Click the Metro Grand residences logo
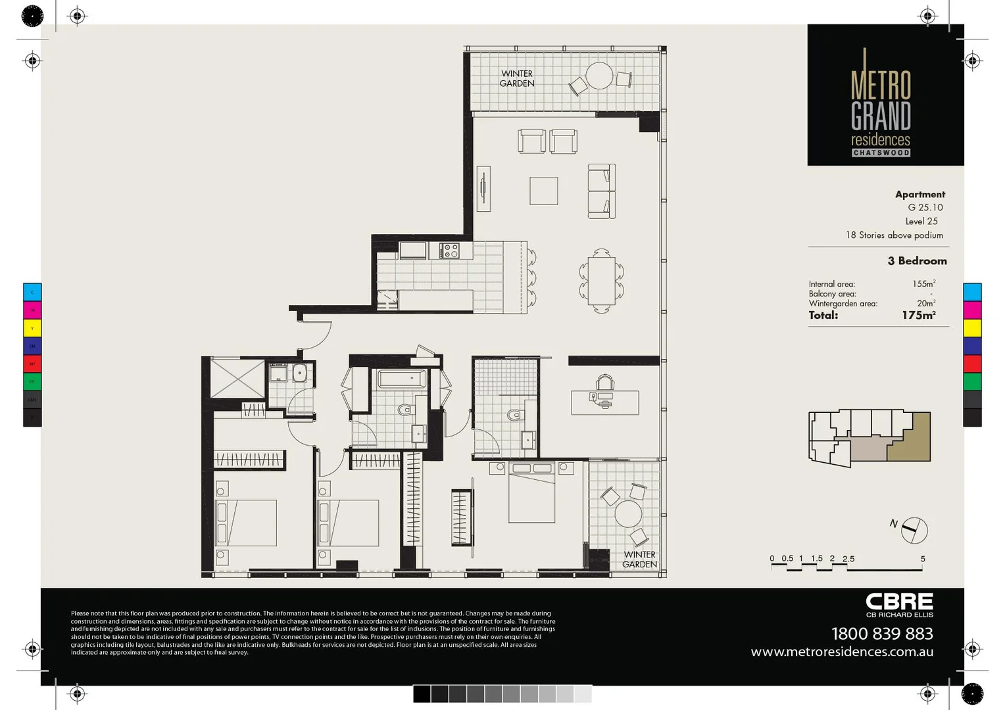pyautogui.click(x=881, y=105)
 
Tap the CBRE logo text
pyautogui.click(x=898, y=602)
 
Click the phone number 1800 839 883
pyautogui.click(x=881, y=634)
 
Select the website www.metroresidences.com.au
pyautogui.click(x=842, y=652)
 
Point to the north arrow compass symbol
pyautogui.click(x=913, y=530)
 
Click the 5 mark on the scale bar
pyautogui.click(x=922, y=559)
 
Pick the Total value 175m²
pyautogui.click(x=918, y=316)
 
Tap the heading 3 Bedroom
pyautogui.click(x=917, y=261)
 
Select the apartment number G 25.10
pyautogui.click(x=925, y=208)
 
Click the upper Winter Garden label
pyautogui.click(x=517, y=79)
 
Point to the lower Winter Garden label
pyautogui.click(x=639, y=559)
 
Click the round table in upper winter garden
pyautogui.click(x=599, y=76)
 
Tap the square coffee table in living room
pyautogui.click(x=544, y=191)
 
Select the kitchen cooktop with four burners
pyautogui.click(x=451, y=250)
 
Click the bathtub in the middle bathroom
pyautogui.click(x=402, y=379)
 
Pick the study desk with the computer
pyautogui.click(x=604, y=402)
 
